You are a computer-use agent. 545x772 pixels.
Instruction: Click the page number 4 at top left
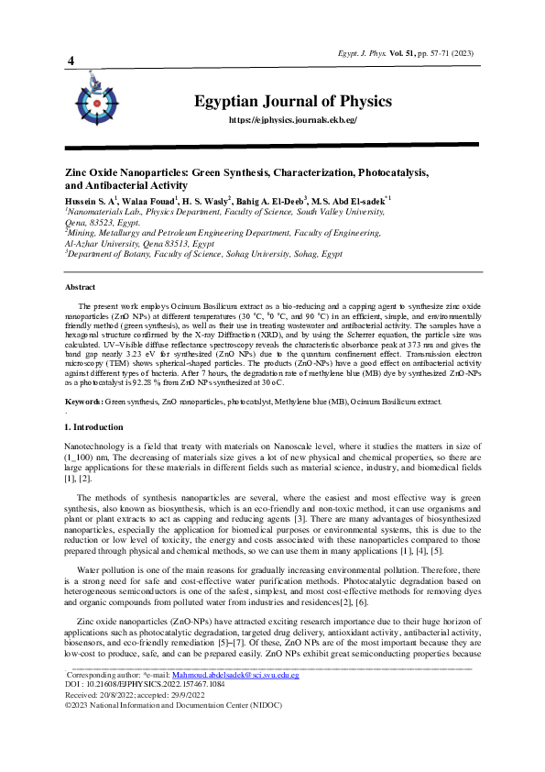(x=71, y=61)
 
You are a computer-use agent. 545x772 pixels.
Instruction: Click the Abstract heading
(x=82, y=287)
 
